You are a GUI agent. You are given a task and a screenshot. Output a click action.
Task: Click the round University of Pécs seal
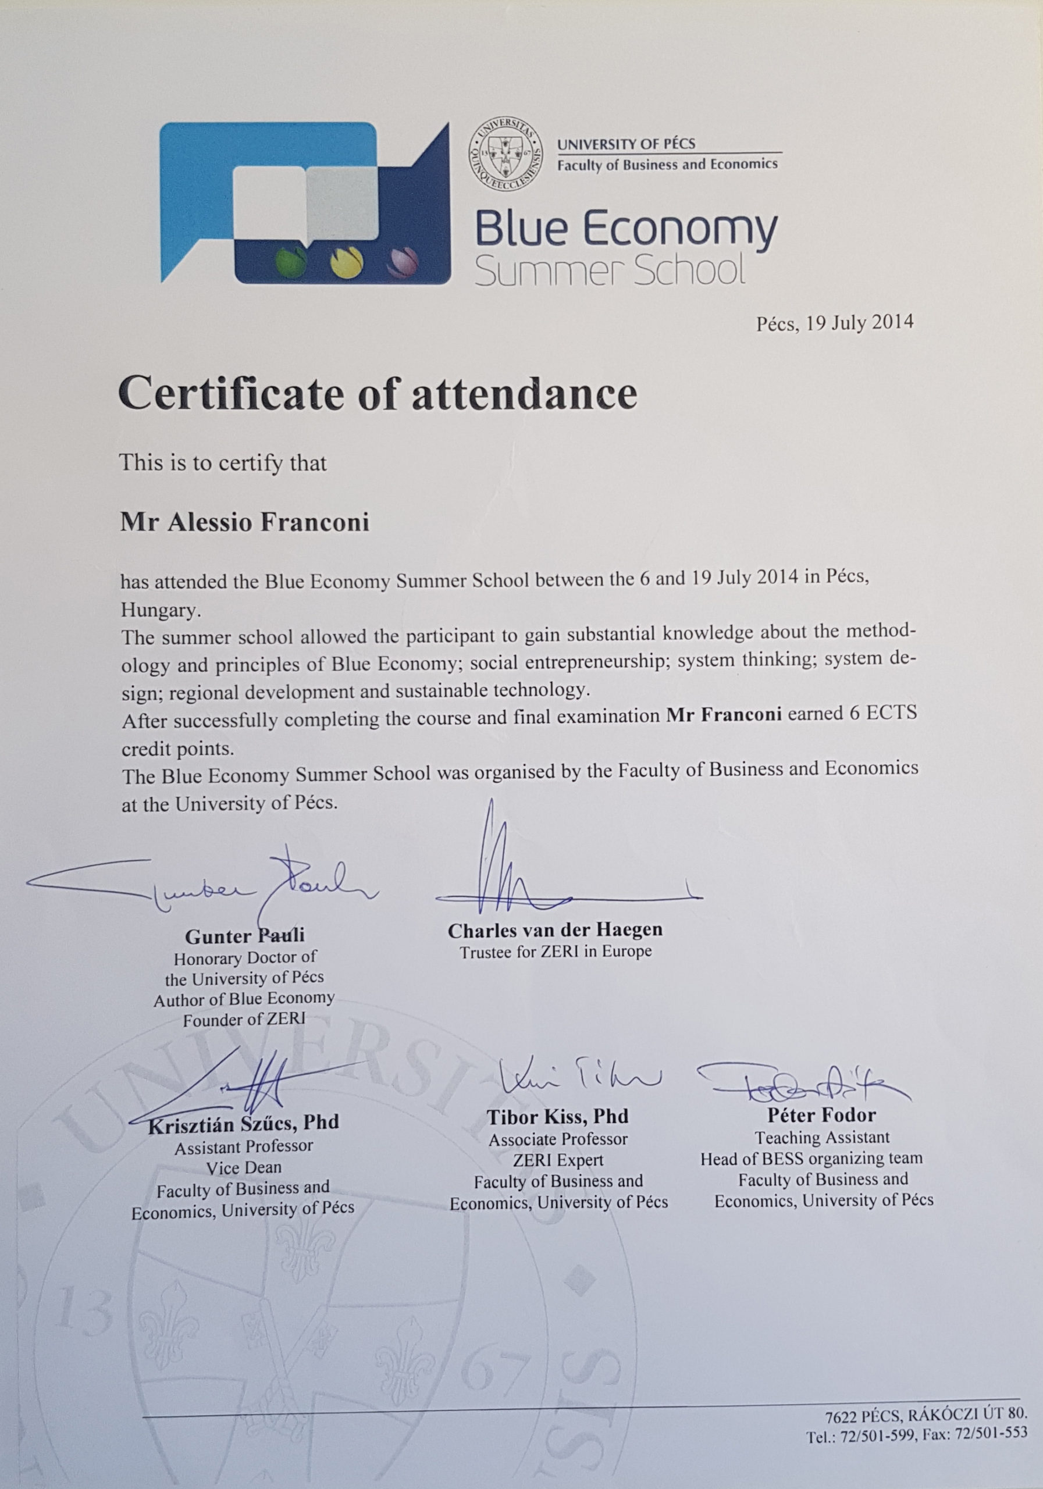coord(505,154)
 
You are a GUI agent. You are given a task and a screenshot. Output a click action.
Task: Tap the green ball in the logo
coord(287,261)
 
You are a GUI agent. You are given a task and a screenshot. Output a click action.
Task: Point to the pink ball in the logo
coord(398,261)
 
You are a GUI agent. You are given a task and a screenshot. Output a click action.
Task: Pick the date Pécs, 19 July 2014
coord(835,322)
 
